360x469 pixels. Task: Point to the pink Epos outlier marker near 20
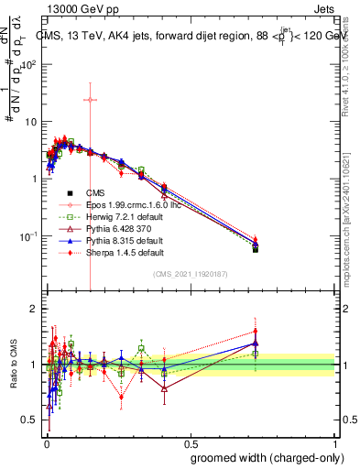90,100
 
